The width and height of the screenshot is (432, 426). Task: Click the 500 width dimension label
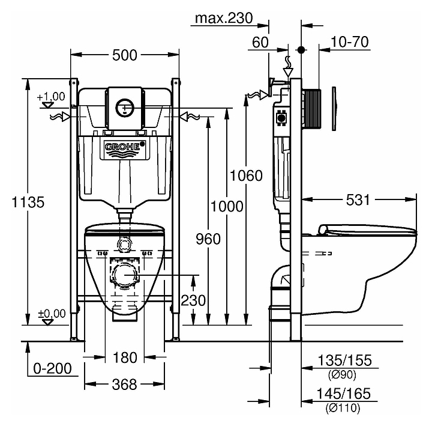[x=125, y=55]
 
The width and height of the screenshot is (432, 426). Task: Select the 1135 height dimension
[x=18, y=202]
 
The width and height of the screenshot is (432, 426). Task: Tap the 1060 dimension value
[x=247, y=175]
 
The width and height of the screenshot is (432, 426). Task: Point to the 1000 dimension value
[x=227, y=206]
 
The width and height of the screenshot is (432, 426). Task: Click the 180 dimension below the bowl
[x=125, y=358]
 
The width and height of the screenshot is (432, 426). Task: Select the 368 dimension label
[x=125, y=383]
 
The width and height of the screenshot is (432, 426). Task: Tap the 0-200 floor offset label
[x=51, y=368]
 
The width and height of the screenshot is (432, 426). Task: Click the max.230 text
[x=223, y=18]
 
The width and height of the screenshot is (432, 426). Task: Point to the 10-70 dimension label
[x=349, y=42]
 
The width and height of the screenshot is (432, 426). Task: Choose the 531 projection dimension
[x=358, y=199]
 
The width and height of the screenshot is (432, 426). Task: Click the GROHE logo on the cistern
[x=125, y=146]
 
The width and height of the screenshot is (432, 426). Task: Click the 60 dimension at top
[x=260, y=42]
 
